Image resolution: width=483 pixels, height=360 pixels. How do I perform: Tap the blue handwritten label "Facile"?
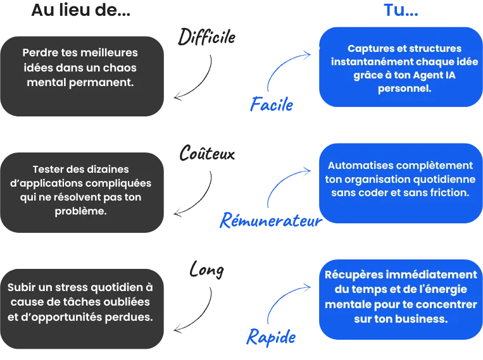click(x=272, y=105)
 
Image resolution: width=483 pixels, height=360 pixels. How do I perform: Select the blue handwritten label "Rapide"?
click(x=271, y=336)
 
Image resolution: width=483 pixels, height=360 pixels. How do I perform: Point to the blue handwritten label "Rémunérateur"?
click(x=268, y=221)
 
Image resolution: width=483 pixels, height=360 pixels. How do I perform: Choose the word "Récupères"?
click(x=358, y=275)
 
